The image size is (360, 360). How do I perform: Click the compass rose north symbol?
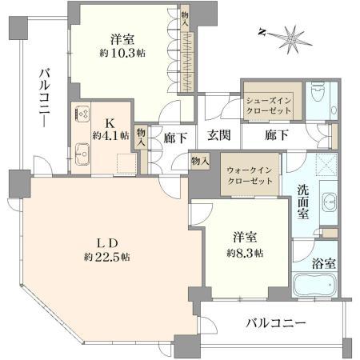pyautogui.click(x=290, y=38)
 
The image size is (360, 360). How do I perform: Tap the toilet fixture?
pyautogui.click(x=318, y=93)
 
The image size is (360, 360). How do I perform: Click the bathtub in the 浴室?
pyautogui.click(x=314, y=285)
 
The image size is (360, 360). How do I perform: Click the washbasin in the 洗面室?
pyautogui.click(x=329, y=202)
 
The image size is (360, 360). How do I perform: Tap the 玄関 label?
pyautogui.click(x=219, y=135)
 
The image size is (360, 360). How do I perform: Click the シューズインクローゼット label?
pyautogui.click(x=269, y=106)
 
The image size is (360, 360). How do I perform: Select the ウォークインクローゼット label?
pyautogui.click(x=250, y=176)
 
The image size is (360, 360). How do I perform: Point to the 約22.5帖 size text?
pyautogui.click(x=107, y=258)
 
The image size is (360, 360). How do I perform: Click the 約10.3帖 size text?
pyautogui.click(x=122, y=54)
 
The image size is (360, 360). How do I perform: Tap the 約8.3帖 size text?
pyautogui.click(x=245, y=253)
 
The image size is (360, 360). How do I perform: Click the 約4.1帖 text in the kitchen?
pyautogui.click(x=110, y=135)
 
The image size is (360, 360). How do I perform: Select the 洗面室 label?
pyautogui.click(x=303, y=202)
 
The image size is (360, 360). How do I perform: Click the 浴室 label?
pyautogui.click(x=323, y=264)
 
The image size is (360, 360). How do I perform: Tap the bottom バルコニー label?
pyautogui.click(x=275, y=324)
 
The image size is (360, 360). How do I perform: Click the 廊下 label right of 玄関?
pyautogui.click(x=276, y=135)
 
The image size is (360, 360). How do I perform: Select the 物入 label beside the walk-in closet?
pyautogui.click(x=200, y=161)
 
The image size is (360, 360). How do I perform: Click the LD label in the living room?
pyautogui.click(x=107, y=243)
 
